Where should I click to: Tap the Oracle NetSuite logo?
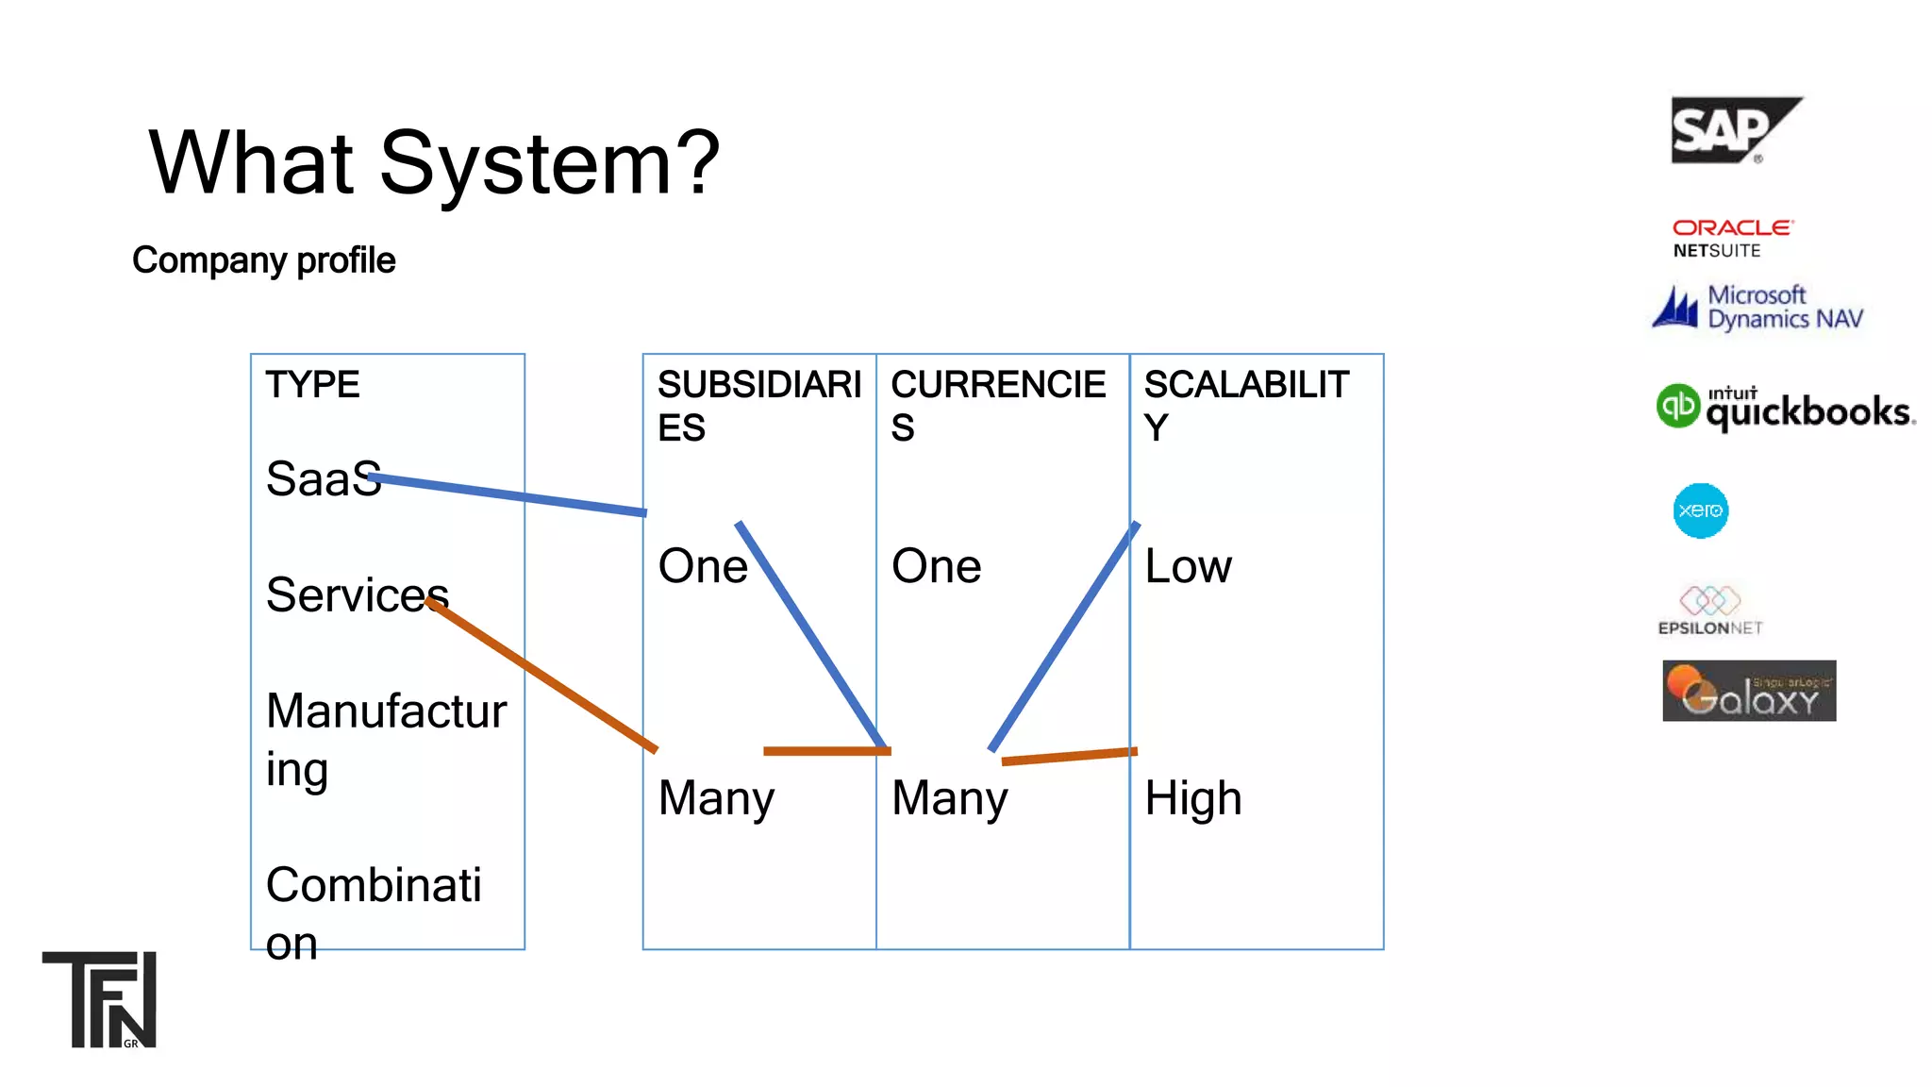(x=1731, y=239)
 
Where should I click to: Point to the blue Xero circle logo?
(x=1700, y=510)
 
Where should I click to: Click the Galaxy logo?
(x=1749, y=691)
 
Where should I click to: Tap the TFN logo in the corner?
(x=100, y=999)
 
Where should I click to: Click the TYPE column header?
(x=312, y=385)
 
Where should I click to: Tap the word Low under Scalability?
(x=1188, y=566)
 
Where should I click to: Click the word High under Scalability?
(x=1192, y=798)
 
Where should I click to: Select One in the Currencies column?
(x=936, y=566)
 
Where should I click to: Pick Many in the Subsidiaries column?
(x=716, y=798)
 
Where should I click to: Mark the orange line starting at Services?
(x=542, y=675)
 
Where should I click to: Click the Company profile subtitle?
(x=263, y=260)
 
